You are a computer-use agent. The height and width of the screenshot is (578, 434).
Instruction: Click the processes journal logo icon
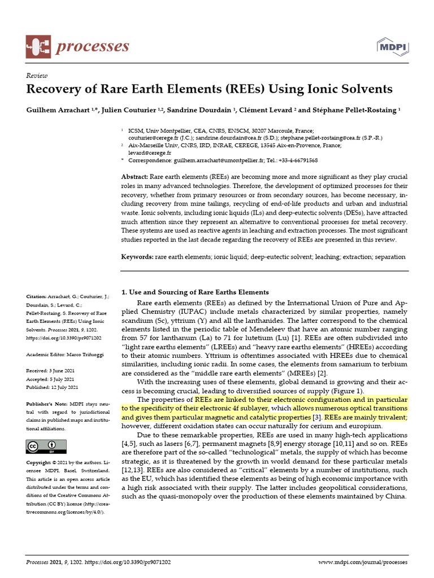pos(38,46)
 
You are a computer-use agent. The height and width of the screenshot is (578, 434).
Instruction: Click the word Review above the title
pos(37,76)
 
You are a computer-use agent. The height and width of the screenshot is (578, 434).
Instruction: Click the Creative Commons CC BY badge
pos(46,446)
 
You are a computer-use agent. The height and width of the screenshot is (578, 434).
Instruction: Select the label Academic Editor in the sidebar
pos(47,354)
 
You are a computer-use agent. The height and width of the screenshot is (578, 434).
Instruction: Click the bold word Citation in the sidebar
pos(37,295)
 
